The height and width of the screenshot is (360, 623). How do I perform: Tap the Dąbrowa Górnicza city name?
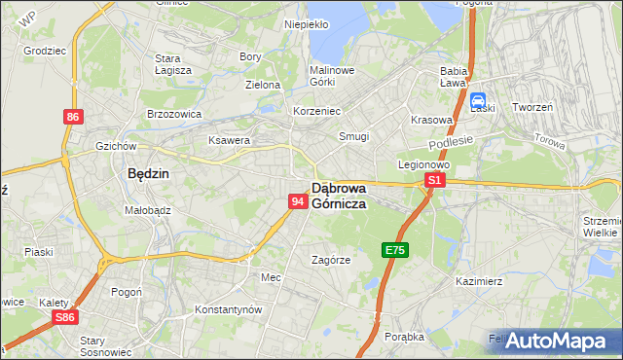click(x=339, y=196)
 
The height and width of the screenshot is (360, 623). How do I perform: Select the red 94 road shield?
click(x=300, y=200)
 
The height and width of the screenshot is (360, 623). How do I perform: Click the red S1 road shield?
click(x=435, y=180)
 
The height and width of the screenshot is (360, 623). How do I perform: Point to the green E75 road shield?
click(x=395, y=250)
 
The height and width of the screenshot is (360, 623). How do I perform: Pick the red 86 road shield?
click(x=73, y=117)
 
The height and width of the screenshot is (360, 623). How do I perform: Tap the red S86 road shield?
click(x=65, y=318)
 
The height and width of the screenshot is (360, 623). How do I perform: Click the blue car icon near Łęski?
click(x=479, y=101)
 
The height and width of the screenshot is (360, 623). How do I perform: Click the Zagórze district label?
click(x=331, y=260)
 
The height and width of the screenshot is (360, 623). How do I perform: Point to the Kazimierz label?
click(x=478, y=280)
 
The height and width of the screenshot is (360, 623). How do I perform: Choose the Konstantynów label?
click(x=230, y=308)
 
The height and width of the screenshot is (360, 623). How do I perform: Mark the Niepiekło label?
click(x=306, y=24)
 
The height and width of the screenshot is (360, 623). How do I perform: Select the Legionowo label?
click(x=423, y=164)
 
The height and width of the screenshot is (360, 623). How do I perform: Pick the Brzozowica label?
click(x=174, y=114)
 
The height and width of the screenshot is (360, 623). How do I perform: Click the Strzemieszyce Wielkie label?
click(x=601, y=227)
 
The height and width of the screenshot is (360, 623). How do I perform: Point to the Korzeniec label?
click(x=317, y=111)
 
